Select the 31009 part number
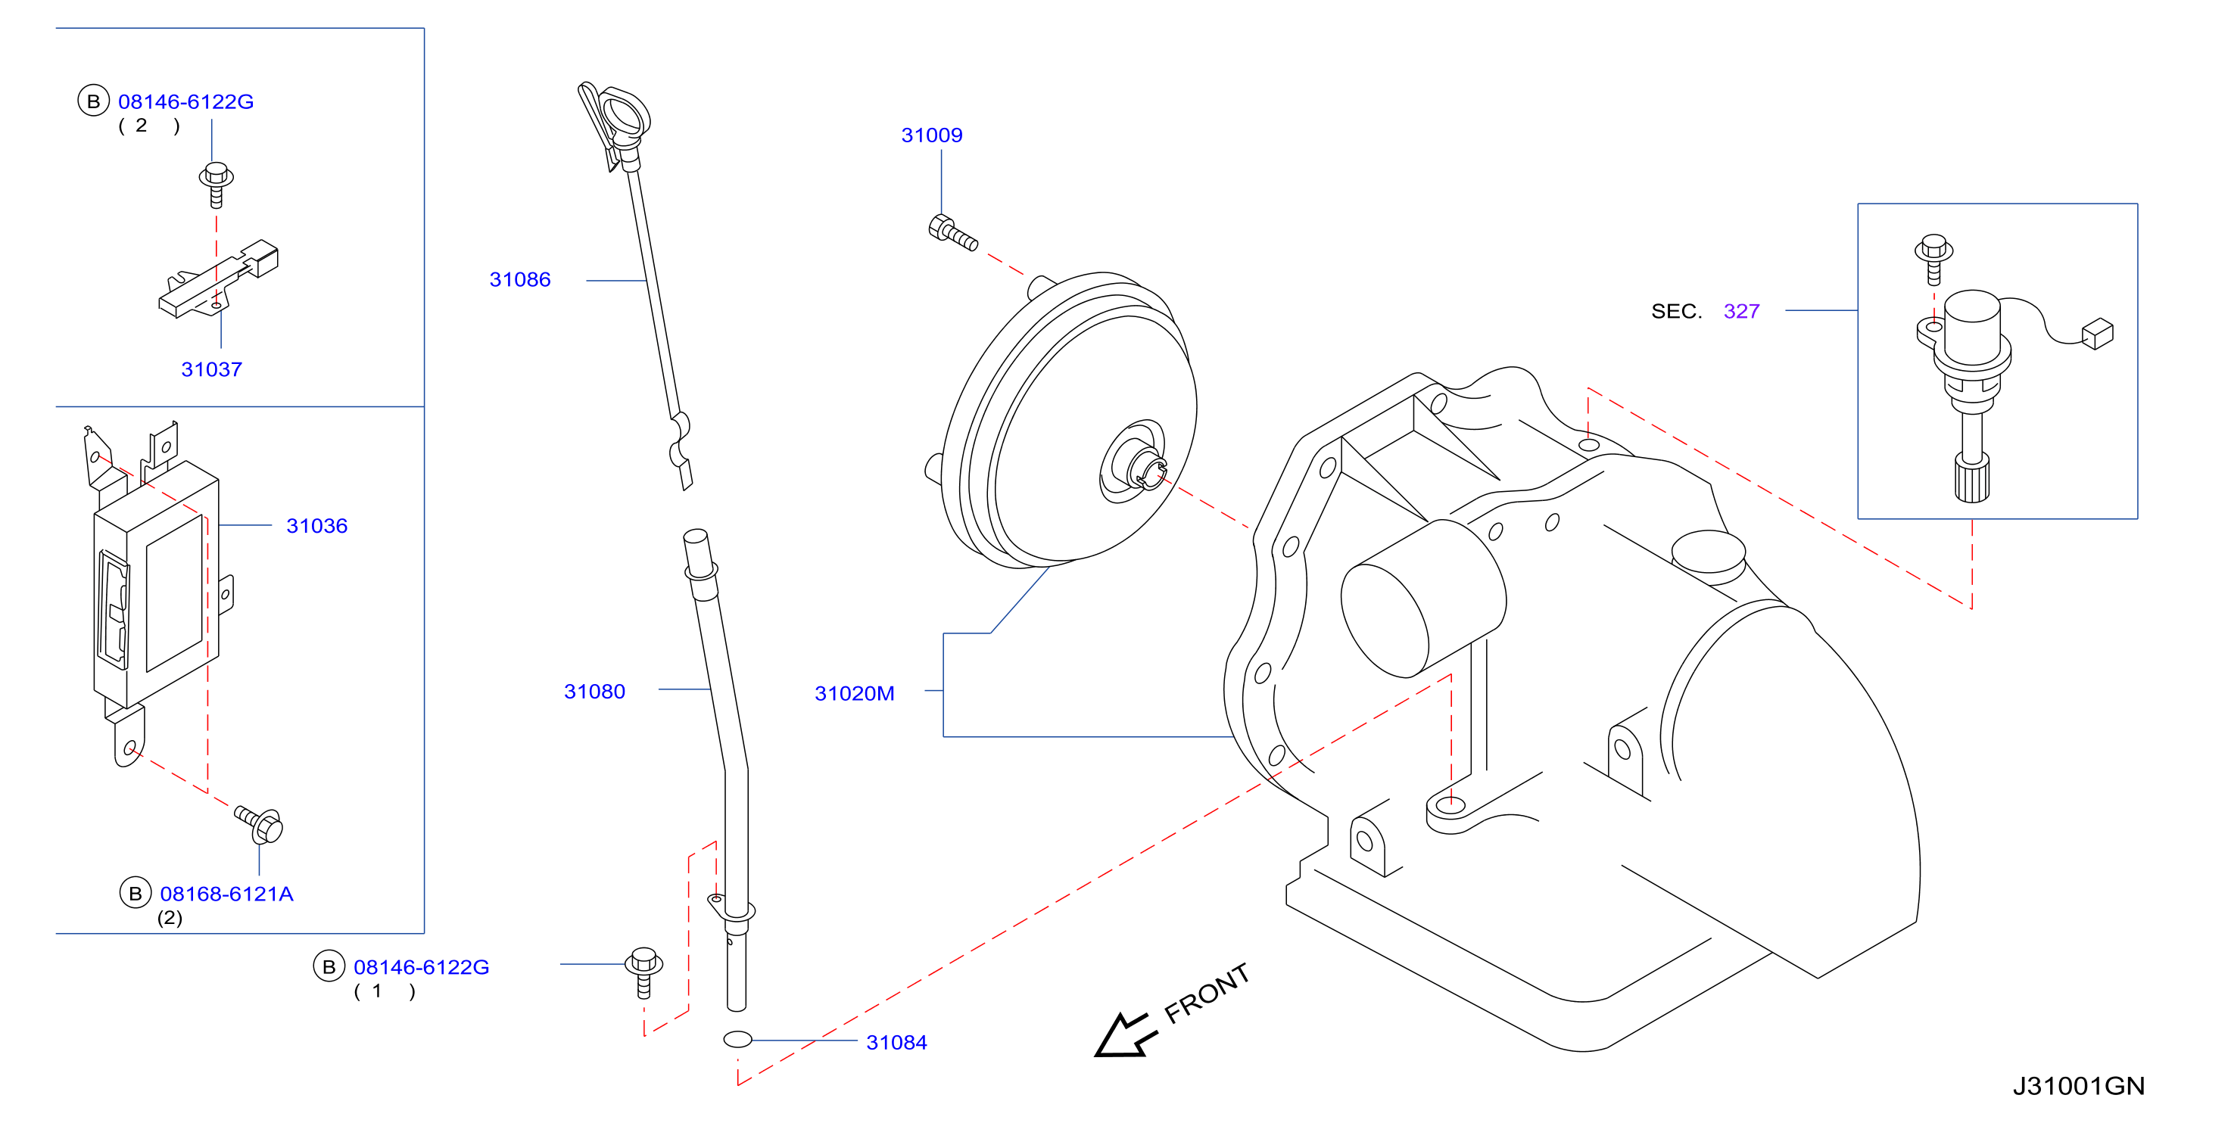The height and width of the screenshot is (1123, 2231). (x=932, y=135)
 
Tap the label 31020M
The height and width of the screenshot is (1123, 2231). (x=854, y=693)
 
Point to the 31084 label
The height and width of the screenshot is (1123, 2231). (x=896, y=1043)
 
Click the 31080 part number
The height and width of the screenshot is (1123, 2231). (x=594, y=692)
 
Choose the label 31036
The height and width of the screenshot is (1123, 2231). (x=317, y=526)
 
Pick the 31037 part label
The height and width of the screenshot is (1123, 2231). (x=211, y=370)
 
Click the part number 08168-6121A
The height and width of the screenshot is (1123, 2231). (x=227, y=894)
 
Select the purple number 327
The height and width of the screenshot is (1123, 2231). (x=1742, y=311)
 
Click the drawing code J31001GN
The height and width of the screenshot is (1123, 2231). (x=2079, y=1086)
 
